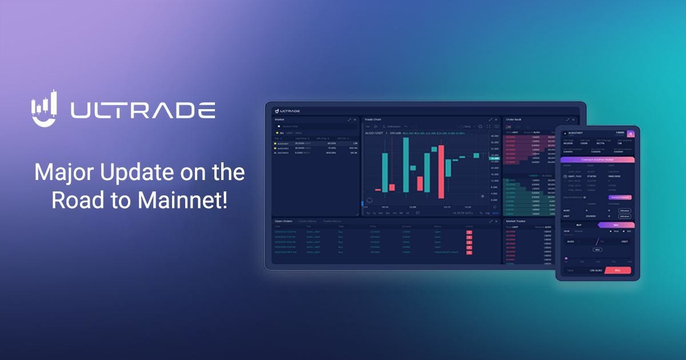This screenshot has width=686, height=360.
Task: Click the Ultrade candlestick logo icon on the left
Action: tap(45, 108)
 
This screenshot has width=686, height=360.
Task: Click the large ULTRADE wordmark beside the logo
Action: tap(143, 110)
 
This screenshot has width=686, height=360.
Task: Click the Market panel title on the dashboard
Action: tap(280, 119)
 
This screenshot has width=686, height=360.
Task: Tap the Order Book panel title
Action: tap(514, 119)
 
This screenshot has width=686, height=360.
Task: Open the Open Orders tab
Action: tap(283, 221)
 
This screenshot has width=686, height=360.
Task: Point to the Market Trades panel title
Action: tap(516, 221)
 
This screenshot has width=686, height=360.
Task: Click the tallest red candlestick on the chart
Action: tap(441, 175)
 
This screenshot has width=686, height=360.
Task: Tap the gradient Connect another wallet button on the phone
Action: tap(597, 159)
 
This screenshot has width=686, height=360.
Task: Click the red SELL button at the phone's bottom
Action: tap(617, 270)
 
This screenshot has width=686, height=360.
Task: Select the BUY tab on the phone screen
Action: tap(579, 225)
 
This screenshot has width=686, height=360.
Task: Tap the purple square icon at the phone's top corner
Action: tap(631, 134)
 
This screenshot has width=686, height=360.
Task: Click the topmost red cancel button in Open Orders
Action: tap(469, 233)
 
